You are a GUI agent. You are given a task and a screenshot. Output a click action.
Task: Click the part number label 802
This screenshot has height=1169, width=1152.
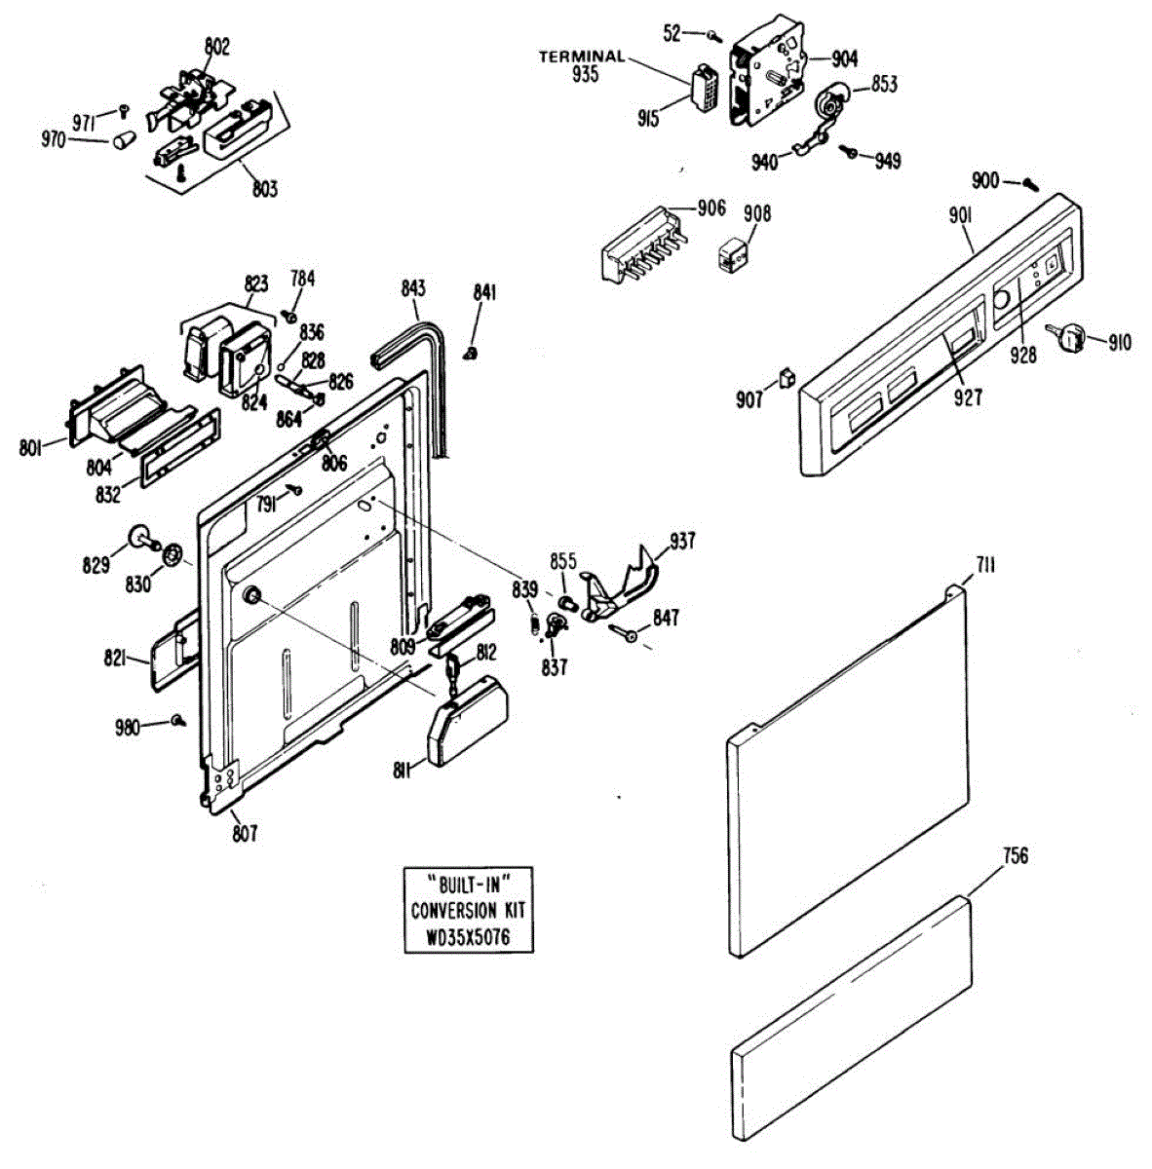click(216, 46)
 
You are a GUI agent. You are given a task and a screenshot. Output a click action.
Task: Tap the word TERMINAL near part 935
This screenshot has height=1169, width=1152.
click(582, 57)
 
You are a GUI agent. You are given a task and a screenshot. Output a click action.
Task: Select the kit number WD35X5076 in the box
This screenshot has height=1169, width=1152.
click(469, 938)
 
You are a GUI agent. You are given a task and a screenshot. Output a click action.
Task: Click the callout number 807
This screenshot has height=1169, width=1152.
click(245, 833)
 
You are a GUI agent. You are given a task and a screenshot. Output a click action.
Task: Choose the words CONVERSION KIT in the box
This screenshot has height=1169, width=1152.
click(468, 911)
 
